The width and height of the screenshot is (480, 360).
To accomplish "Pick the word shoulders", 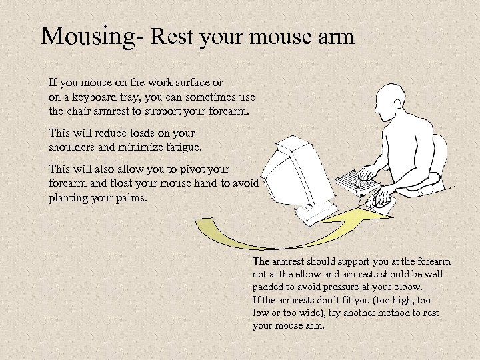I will (74, 147).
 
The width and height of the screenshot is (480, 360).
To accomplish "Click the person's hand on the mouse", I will (383, 197).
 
